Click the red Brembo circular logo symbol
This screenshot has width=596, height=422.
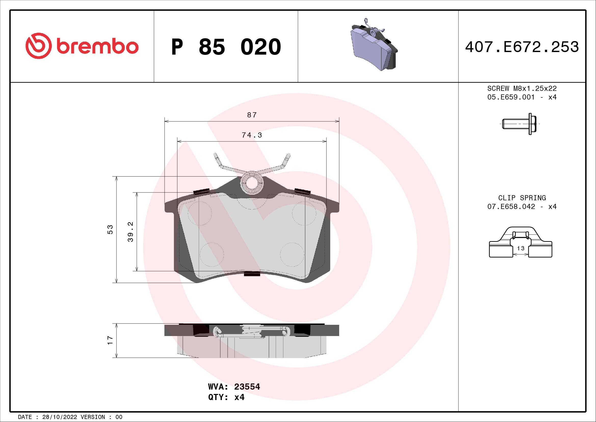pos(38,46)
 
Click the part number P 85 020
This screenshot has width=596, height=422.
pos(226,47)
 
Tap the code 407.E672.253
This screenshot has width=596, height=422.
pos(522,47)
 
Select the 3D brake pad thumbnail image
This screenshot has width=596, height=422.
pos(374,45)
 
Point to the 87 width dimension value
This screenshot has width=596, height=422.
pos(252,115)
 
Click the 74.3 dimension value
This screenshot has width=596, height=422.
pos(252,135)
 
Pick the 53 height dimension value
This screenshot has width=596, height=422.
pos(110,229)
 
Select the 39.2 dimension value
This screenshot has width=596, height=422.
pos(130,232)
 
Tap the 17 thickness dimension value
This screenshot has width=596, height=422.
pos(110,340)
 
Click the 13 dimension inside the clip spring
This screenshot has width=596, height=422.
pos(521,249)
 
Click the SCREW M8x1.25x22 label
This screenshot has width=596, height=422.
pos(522,88)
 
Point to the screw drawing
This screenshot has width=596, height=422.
pos(519,124)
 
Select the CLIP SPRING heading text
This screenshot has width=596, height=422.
pos(522,198)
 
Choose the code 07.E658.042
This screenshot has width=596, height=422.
pos(511,207)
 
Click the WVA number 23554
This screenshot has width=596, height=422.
pos(247,387)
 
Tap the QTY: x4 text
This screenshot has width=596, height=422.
pos(226,397)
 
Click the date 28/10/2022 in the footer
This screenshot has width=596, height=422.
pos(59,417)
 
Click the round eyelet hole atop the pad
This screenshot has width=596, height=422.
pos(251,183)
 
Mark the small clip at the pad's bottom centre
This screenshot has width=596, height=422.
pos(252,273)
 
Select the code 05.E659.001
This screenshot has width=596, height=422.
pos(511,97)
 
